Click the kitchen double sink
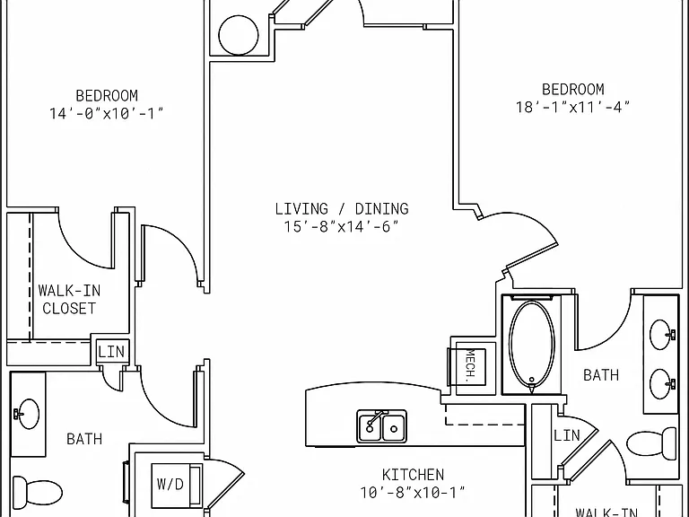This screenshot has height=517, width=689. click(382, 426)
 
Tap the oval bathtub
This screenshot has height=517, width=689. click(532, 345)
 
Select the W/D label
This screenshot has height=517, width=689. click(170, 484)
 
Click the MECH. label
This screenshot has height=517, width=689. click(470, 364)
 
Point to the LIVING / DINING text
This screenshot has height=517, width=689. click(342, 208)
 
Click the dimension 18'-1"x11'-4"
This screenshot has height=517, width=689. click(572, 108)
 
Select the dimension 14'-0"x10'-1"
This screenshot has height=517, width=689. click(107, 113)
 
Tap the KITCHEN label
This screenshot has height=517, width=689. click(413, 475)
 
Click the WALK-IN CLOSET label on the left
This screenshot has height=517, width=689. click(69, 300)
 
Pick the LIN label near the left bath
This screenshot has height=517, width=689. click(111, 352)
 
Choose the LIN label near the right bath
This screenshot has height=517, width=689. click(567, 435)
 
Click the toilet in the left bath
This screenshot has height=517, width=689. click(37, 489)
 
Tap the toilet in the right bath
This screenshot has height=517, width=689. click(651, 444)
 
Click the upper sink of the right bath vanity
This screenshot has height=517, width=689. click(661, 335)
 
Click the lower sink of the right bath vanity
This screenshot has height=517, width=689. click(661, 384)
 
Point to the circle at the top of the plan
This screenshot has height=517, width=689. click(239, 35)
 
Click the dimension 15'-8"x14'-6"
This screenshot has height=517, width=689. click(342, 227)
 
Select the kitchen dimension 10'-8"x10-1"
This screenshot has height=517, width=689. click(413, 493)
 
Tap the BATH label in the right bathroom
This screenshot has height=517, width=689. click(601, 375)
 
